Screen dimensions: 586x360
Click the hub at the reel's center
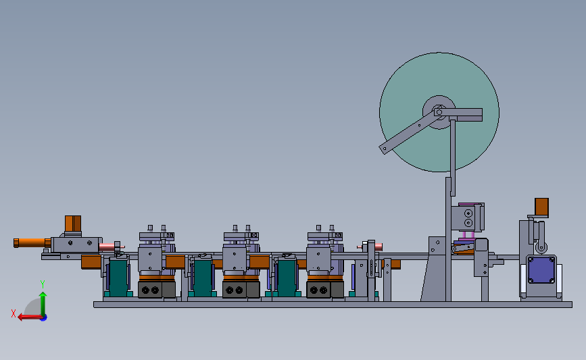(439, 112)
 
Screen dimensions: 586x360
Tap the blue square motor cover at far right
(541, 269)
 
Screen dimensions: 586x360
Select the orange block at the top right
(541, 207)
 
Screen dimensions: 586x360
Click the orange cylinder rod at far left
(32, 242)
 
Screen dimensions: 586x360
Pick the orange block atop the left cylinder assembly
(73, 224)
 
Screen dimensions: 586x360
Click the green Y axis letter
(43, 284)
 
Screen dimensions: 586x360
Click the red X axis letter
(14, 313)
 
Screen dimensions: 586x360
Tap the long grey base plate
(333, 305)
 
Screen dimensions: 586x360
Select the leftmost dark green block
(118, 278)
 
